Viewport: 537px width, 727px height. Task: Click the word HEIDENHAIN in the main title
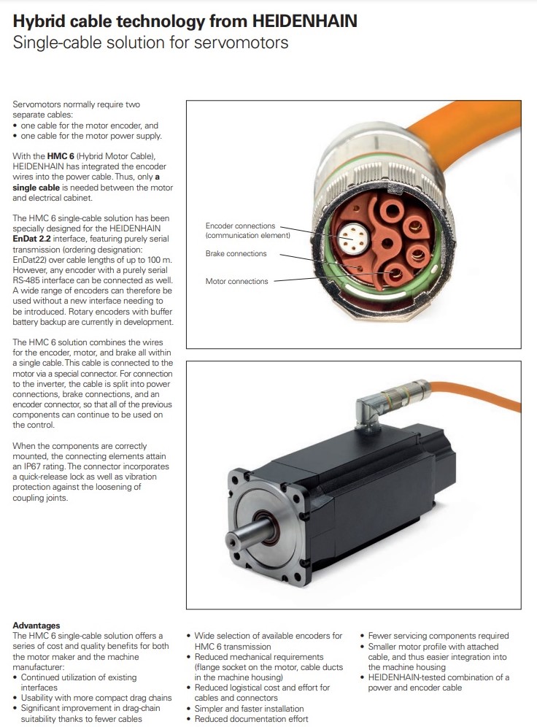point(305,21)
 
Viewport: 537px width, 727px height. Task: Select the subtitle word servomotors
point(241,42)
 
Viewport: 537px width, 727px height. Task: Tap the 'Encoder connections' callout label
point(241,226)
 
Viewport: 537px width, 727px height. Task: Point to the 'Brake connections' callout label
point(236,253)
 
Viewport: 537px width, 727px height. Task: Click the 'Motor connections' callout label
point(237,282)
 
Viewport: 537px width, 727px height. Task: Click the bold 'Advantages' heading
point(36,626)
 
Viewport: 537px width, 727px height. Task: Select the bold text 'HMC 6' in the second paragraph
point(61,156)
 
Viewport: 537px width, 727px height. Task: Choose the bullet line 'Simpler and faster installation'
point(250,709)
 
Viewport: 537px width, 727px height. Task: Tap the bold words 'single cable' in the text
point(36,188)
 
